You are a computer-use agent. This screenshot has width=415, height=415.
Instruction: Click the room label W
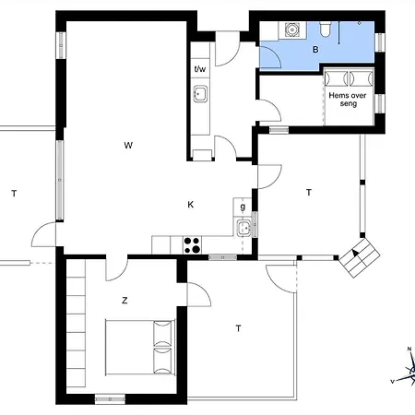[128, 145]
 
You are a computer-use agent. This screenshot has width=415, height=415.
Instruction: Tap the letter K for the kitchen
[191, 205]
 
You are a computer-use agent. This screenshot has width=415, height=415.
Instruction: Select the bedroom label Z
[125, 301]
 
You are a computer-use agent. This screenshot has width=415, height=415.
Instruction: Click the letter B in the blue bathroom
[315, 49]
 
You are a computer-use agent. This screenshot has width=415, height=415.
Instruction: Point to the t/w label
[200, 68]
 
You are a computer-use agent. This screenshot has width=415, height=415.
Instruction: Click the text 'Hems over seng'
[348, 100]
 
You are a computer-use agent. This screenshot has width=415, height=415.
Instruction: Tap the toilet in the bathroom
[325, 29]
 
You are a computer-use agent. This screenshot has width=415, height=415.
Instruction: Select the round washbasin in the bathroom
[291, 30]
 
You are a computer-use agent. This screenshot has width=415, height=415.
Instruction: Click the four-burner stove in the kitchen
[192, 245]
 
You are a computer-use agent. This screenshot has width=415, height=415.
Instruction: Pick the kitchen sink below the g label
[244, 228]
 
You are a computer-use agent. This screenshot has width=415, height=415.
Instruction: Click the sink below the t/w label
[200, 94]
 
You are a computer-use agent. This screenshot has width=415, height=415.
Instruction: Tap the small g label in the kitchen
[243, 207]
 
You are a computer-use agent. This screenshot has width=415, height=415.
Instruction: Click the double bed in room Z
[140, 347]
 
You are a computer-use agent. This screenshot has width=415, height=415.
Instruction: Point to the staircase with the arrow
[360, 257]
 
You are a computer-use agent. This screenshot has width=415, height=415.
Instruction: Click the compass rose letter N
[409, 349]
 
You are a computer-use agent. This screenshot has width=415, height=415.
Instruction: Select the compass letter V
[392, 382]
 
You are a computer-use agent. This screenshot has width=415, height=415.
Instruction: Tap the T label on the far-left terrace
[14, 194]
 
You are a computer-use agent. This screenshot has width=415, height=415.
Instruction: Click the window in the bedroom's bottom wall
[110, 399]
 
